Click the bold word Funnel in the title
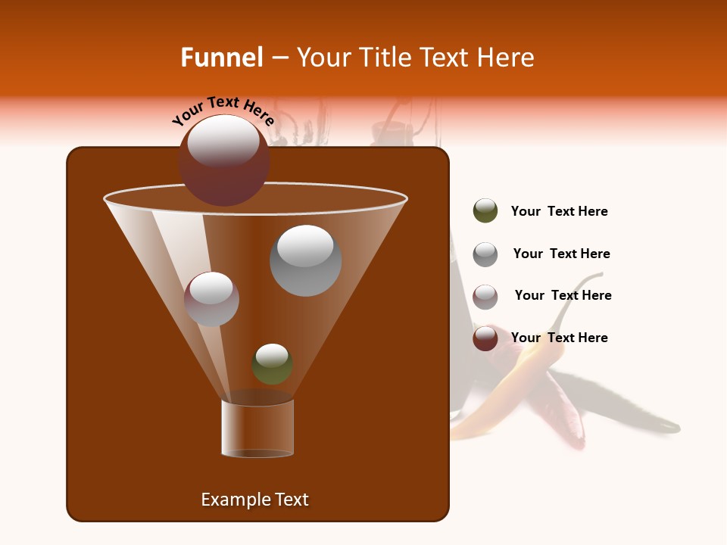(221, 58)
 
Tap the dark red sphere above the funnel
(224, 160)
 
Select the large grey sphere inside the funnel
(306, 260)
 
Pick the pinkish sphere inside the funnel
(212, 299)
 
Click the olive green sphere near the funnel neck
(273, 364)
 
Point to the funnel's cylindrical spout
(257, 428)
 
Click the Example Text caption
(255, 500)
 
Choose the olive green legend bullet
(485, 211)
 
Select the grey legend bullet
(485, 254)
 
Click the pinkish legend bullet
(485, 297)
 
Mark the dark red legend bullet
(485, 338)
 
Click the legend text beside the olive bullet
(560, 212)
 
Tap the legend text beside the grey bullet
(561, 254)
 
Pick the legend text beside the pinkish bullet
(563, 295)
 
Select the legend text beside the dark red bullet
(560, 338)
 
